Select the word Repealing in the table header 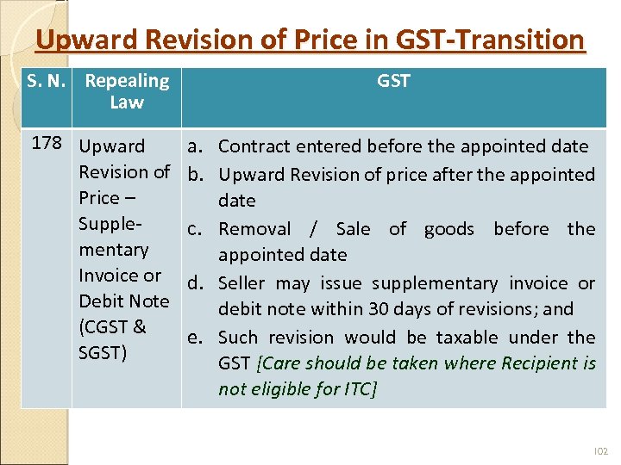tap(127, 82)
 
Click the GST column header tap(393, 82)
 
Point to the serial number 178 tap(48, 144)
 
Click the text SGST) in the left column tap(103, 353)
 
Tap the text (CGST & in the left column tap(112, 327)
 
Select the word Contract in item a tap(254, 146)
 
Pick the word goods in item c tap(449, 229)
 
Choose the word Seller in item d tap(242, 283)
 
